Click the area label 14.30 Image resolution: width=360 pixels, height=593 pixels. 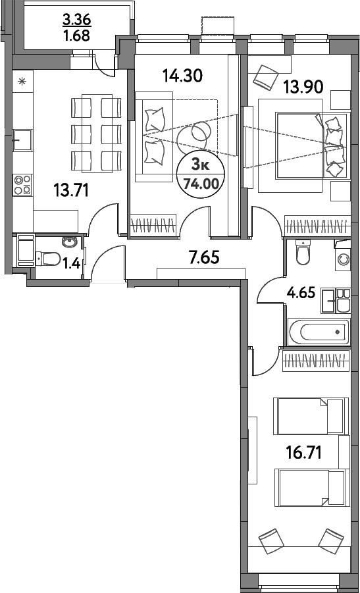click(182, 76)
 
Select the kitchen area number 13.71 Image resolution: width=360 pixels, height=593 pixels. click(70, 191)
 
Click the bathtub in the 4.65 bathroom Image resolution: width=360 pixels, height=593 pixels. click(319, 331)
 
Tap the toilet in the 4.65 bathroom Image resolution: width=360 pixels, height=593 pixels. click(303, 253)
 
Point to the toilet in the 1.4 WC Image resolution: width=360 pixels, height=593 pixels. click(50, 259)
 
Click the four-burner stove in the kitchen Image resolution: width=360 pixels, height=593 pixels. click(22, 184)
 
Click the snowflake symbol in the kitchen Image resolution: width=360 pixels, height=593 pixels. click(22, 82)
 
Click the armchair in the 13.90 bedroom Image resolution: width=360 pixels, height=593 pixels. click(267, 76)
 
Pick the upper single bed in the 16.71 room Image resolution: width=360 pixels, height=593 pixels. click(310, 416)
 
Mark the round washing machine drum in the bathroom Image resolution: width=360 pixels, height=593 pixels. click(344, 259)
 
